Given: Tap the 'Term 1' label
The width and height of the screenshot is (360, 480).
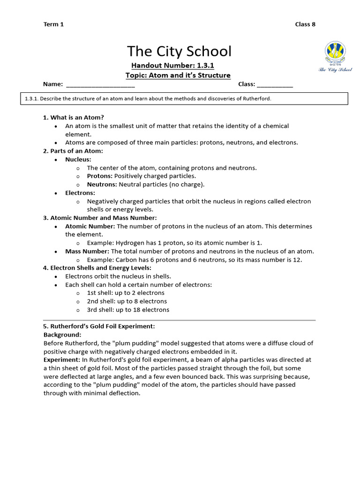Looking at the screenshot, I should click(x=53, y=24).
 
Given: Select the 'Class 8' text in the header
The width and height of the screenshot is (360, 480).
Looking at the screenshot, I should click(x=305, y=24).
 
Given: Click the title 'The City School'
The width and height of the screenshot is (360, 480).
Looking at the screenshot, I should click(x=180, y=51).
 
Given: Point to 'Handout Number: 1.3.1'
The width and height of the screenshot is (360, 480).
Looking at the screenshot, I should click(x=172, y=65).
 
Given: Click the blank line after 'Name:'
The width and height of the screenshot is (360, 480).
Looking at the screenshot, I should click(x=100, y=85).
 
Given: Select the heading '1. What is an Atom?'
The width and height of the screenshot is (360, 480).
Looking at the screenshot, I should click(x=74, y=117).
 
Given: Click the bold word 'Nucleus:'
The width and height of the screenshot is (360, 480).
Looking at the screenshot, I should click(x=78, y=159).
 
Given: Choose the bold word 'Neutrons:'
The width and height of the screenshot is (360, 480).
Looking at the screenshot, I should click(x=102, y=184).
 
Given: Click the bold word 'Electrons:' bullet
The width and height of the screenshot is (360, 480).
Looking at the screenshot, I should click(x=80, y=193).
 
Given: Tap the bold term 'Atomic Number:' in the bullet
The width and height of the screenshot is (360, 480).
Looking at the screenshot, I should click(x=90, y=226).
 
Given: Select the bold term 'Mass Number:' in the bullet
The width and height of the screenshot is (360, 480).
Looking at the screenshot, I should click(x=87, y=251).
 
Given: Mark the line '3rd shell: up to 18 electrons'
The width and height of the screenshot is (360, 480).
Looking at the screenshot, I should click(x=128, y=310).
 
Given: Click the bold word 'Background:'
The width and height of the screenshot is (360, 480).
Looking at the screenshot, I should click(x=62, y=335).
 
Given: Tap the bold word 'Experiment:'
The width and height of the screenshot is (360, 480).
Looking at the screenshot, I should click(x=62, y=360).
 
